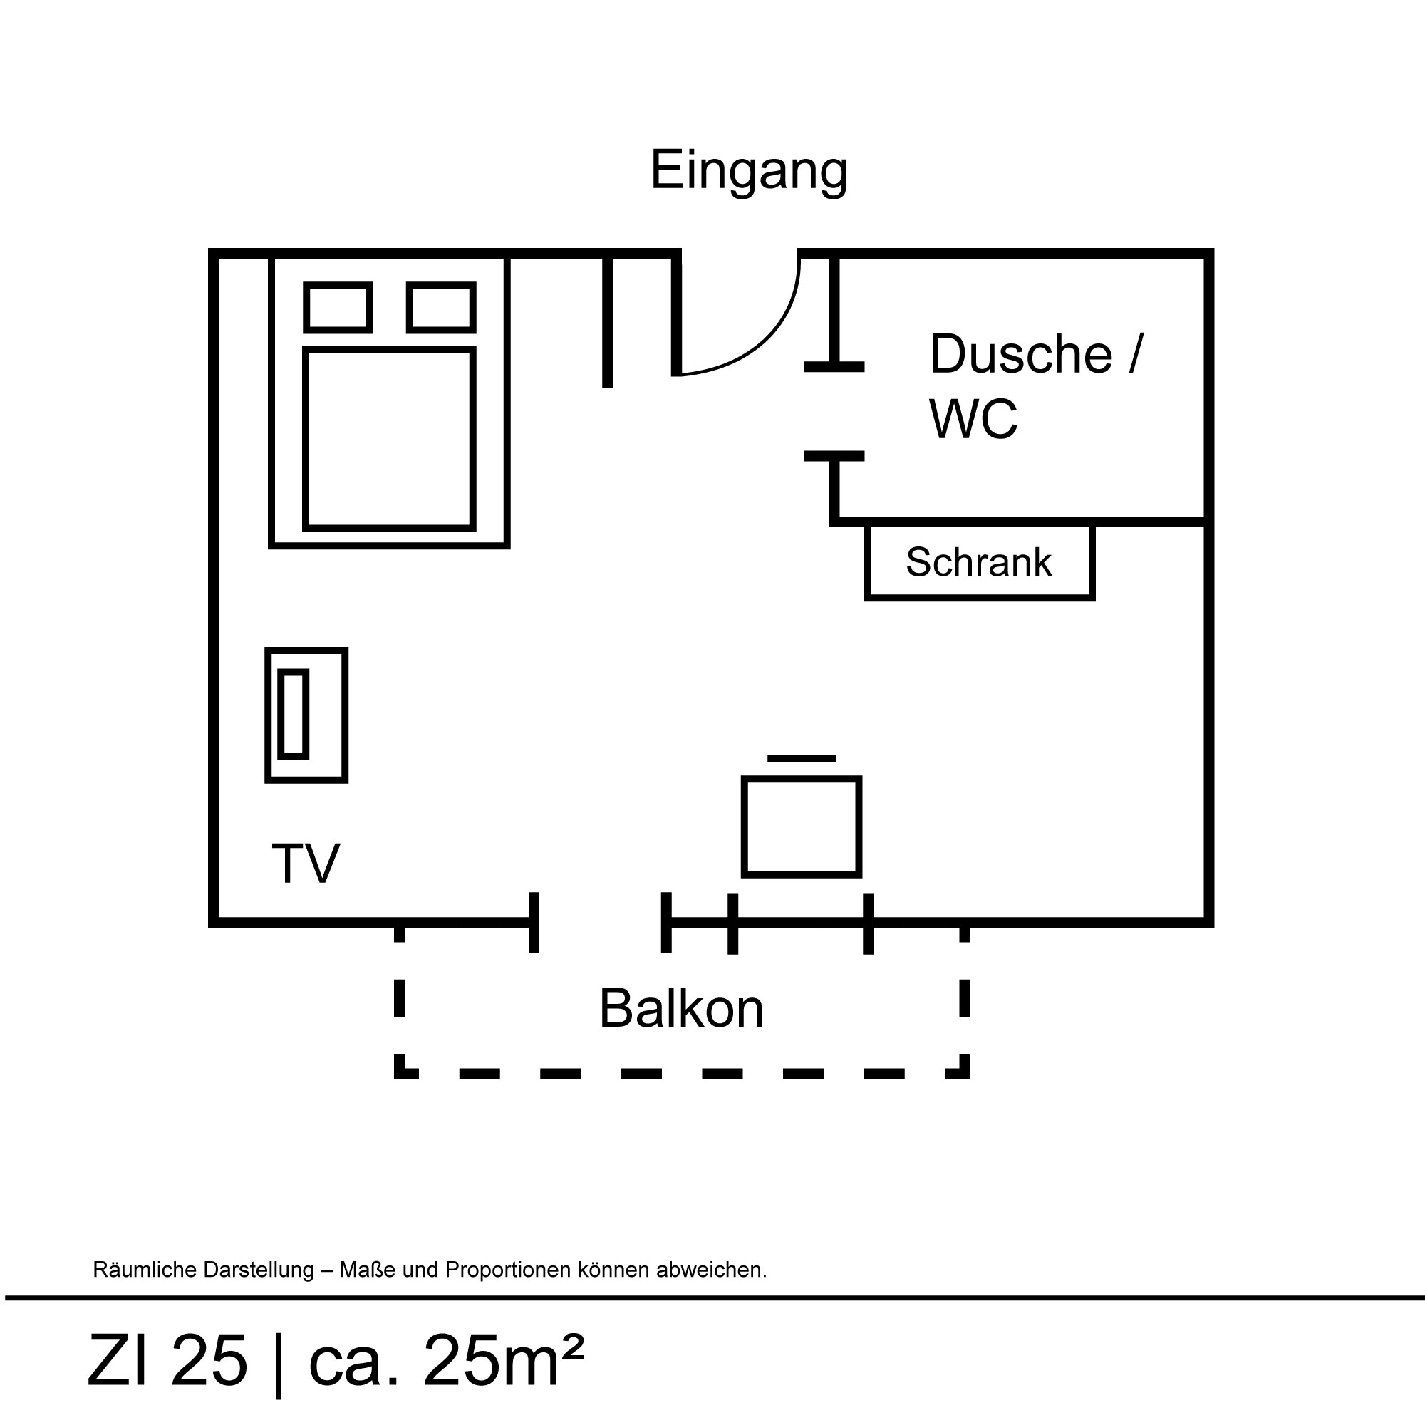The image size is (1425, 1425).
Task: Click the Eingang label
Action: click(x=748, y=171)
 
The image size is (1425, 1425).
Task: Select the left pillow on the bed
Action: click(x=338, y=307)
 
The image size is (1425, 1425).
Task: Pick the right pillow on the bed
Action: click(x=441, y=307)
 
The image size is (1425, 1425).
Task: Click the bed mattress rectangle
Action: click(x=389, y=439)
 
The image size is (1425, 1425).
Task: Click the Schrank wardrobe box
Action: click(x=979, y=562)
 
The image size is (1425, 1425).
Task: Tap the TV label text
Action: click(x=306, y=863)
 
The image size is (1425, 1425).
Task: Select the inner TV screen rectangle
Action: click(x=293, y=714)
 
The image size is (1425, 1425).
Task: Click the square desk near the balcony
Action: click(x=801, y=826)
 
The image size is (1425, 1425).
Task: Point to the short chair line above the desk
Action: click(x=801, y=758)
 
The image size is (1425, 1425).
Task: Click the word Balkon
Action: click(x=680, y=1008)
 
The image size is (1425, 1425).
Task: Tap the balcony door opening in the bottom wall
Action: click(x=600, y=922)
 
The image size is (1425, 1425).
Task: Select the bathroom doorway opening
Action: click(x=834, y=411)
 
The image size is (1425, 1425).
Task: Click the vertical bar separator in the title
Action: click(x=278, y=1363)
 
